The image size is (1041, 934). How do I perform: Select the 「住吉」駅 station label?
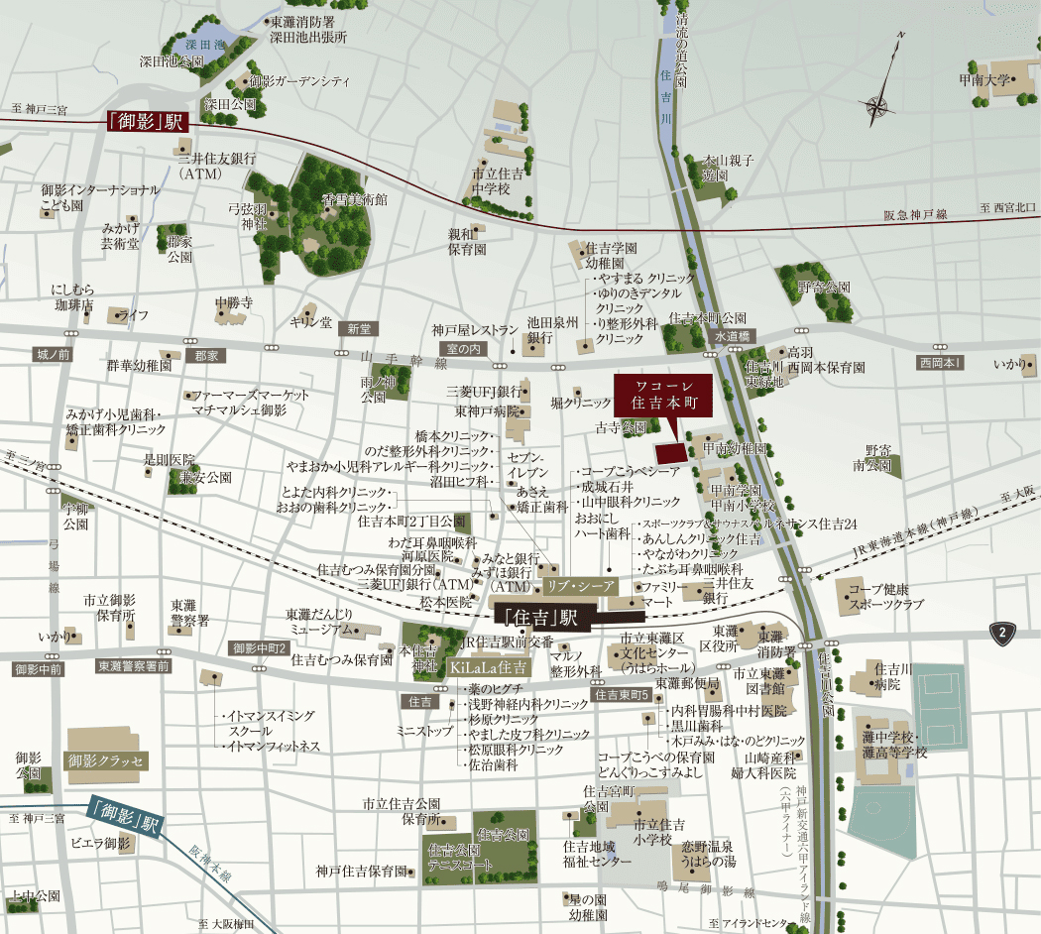(541, 617)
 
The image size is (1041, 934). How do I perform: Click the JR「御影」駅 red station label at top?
(147, 122)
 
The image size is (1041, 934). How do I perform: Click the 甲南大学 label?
(983, 79)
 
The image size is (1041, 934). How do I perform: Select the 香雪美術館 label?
(354, 199)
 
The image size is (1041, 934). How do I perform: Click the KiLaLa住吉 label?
(489, 667)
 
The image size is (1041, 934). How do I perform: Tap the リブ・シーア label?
(581, 585)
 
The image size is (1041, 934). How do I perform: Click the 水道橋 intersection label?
(734, 336)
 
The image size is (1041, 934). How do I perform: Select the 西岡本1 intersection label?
(939, 363)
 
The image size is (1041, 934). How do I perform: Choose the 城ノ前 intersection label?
(53, 354)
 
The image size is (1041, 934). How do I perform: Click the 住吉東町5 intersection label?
(623, 695)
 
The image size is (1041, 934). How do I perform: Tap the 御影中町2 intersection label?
(259, 648)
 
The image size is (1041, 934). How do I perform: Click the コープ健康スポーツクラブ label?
(885, 596)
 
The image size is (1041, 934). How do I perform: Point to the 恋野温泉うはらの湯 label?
(706, 853)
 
